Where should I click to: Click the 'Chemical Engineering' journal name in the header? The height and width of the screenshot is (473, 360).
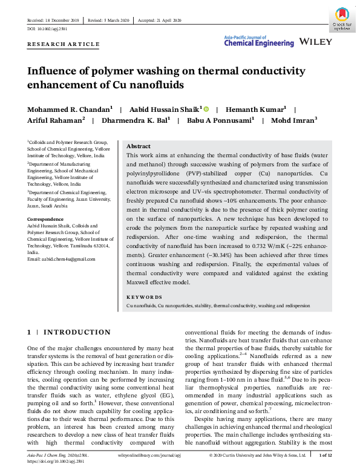pyautogui.click(x=259, y=44)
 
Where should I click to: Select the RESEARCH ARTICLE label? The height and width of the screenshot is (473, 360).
pyautogui.click(x=64, y=45)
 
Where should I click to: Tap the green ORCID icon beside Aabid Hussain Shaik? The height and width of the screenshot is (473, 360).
pyautogui.click(x=206, y=109)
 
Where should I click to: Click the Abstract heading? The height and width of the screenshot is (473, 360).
pyautogui.click(x=138, y=146)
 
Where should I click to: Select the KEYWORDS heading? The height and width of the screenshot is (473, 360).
pyautogui.click(x=145, y=297)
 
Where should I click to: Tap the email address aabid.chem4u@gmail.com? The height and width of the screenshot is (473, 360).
pyautogui.click(x=66, y=259)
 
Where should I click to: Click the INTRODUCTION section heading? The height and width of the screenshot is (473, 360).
pyautogui.click(x=77, y=332)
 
